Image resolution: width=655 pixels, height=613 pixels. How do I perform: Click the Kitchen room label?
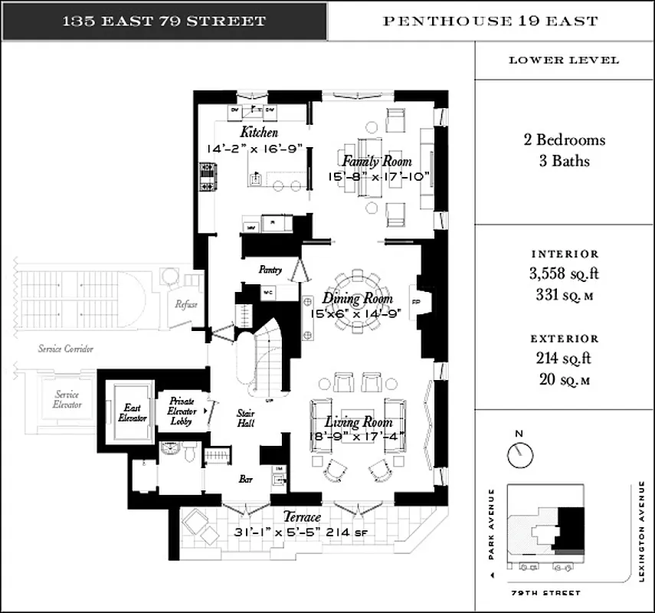click(x=259, y=133)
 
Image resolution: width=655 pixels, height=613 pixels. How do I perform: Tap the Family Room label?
click(x=376, y=162)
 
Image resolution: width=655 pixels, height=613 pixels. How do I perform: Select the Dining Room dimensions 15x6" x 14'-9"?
click(x=352, y=313)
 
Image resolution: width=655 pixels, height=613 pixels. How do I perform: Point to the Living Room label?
click(x=359, y=422)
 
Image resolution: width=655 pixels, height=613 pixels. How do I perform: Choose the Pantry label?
click(x=270, y=270)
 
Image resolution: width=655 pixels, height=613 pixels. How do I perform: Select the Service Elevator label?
click(x=62, y=399)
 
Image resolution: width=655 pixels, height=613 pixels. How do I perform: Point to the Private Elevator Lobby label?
click(x=182, y=411)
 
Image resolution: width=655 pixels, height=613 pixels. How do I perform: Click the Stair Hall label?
click(x=245, y=418)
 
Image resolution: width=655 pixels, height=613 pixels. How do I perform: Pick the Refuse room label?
click(x=186, y=304)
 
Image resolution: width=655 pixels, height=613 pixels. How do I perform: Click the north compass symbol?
click(x=519, y=453)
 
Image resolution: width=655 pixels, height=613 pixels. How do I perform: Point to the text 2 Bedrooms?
click(x=564, y=140)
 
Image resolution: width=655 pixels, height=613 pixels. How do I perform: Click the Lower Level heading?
click(x=564, y=60)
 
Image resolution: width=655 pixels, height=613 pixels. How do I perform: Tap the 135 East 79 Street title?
click(x=164, y=21)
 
